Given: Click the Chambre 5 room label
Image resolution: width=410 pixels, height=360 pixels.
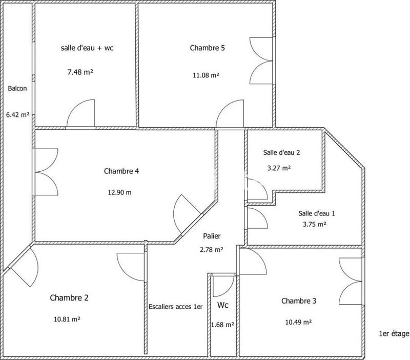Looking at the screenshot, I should click(208, 48).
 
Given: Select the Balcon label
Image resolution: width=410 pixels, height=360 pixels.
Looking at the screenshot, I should click(17, 88).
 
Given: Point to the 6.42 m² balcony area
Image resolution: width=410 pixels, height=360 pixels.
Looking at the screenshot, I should click(17, 115).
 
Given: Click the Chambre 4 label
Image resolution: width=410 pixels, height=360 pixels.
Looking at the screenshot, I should click(121, 171).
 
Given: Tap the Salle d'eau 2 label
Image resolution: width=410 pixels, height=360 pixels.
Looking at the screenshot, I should click(281, 152).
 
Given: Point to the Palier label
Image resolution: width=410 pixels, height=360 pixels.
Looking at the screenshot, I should click(211, 236).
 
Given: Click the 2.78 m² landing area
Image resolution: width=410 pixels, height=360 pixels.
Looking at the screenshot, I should click(212, 250).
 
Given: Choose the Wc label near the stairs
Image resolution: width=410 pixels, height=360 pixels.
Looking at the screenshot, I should click(223, 306).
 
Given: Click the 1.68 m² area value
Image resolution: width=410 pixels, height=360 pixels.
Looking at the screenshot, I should click(222, 325).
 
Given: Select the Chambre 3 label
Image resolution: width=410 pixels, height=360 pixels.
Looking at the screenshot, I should click(299, 301).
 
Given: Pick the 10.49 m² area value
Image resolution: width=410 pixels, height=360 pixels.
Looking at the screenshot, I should click(299, 322).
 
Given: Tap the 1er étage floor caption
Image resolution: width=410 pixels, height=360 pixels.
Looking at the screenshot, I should click(394, 334).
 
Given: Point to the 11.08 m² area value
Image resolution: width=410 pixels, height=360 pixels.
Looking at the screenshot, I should click(205, 75).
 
